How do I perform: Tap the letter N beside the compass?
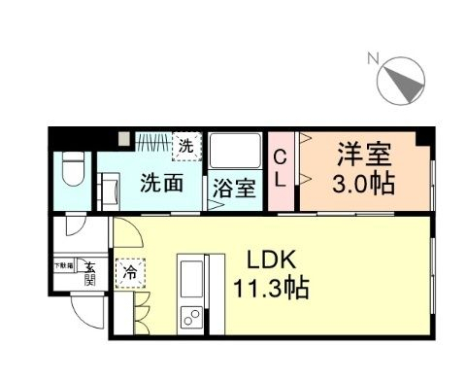pyautogui.click(x=372, y=58)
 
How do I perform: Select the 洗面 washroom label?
pyautogui.click(x=160, y=182)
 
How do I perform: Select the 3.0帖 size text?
pyautogui.click(x=364, y=184)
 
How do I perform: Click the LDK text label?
pyautogui.click(x=261, y=260)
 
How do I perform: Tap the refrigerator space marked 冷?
pyautogui.click(x=128, y=273)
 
